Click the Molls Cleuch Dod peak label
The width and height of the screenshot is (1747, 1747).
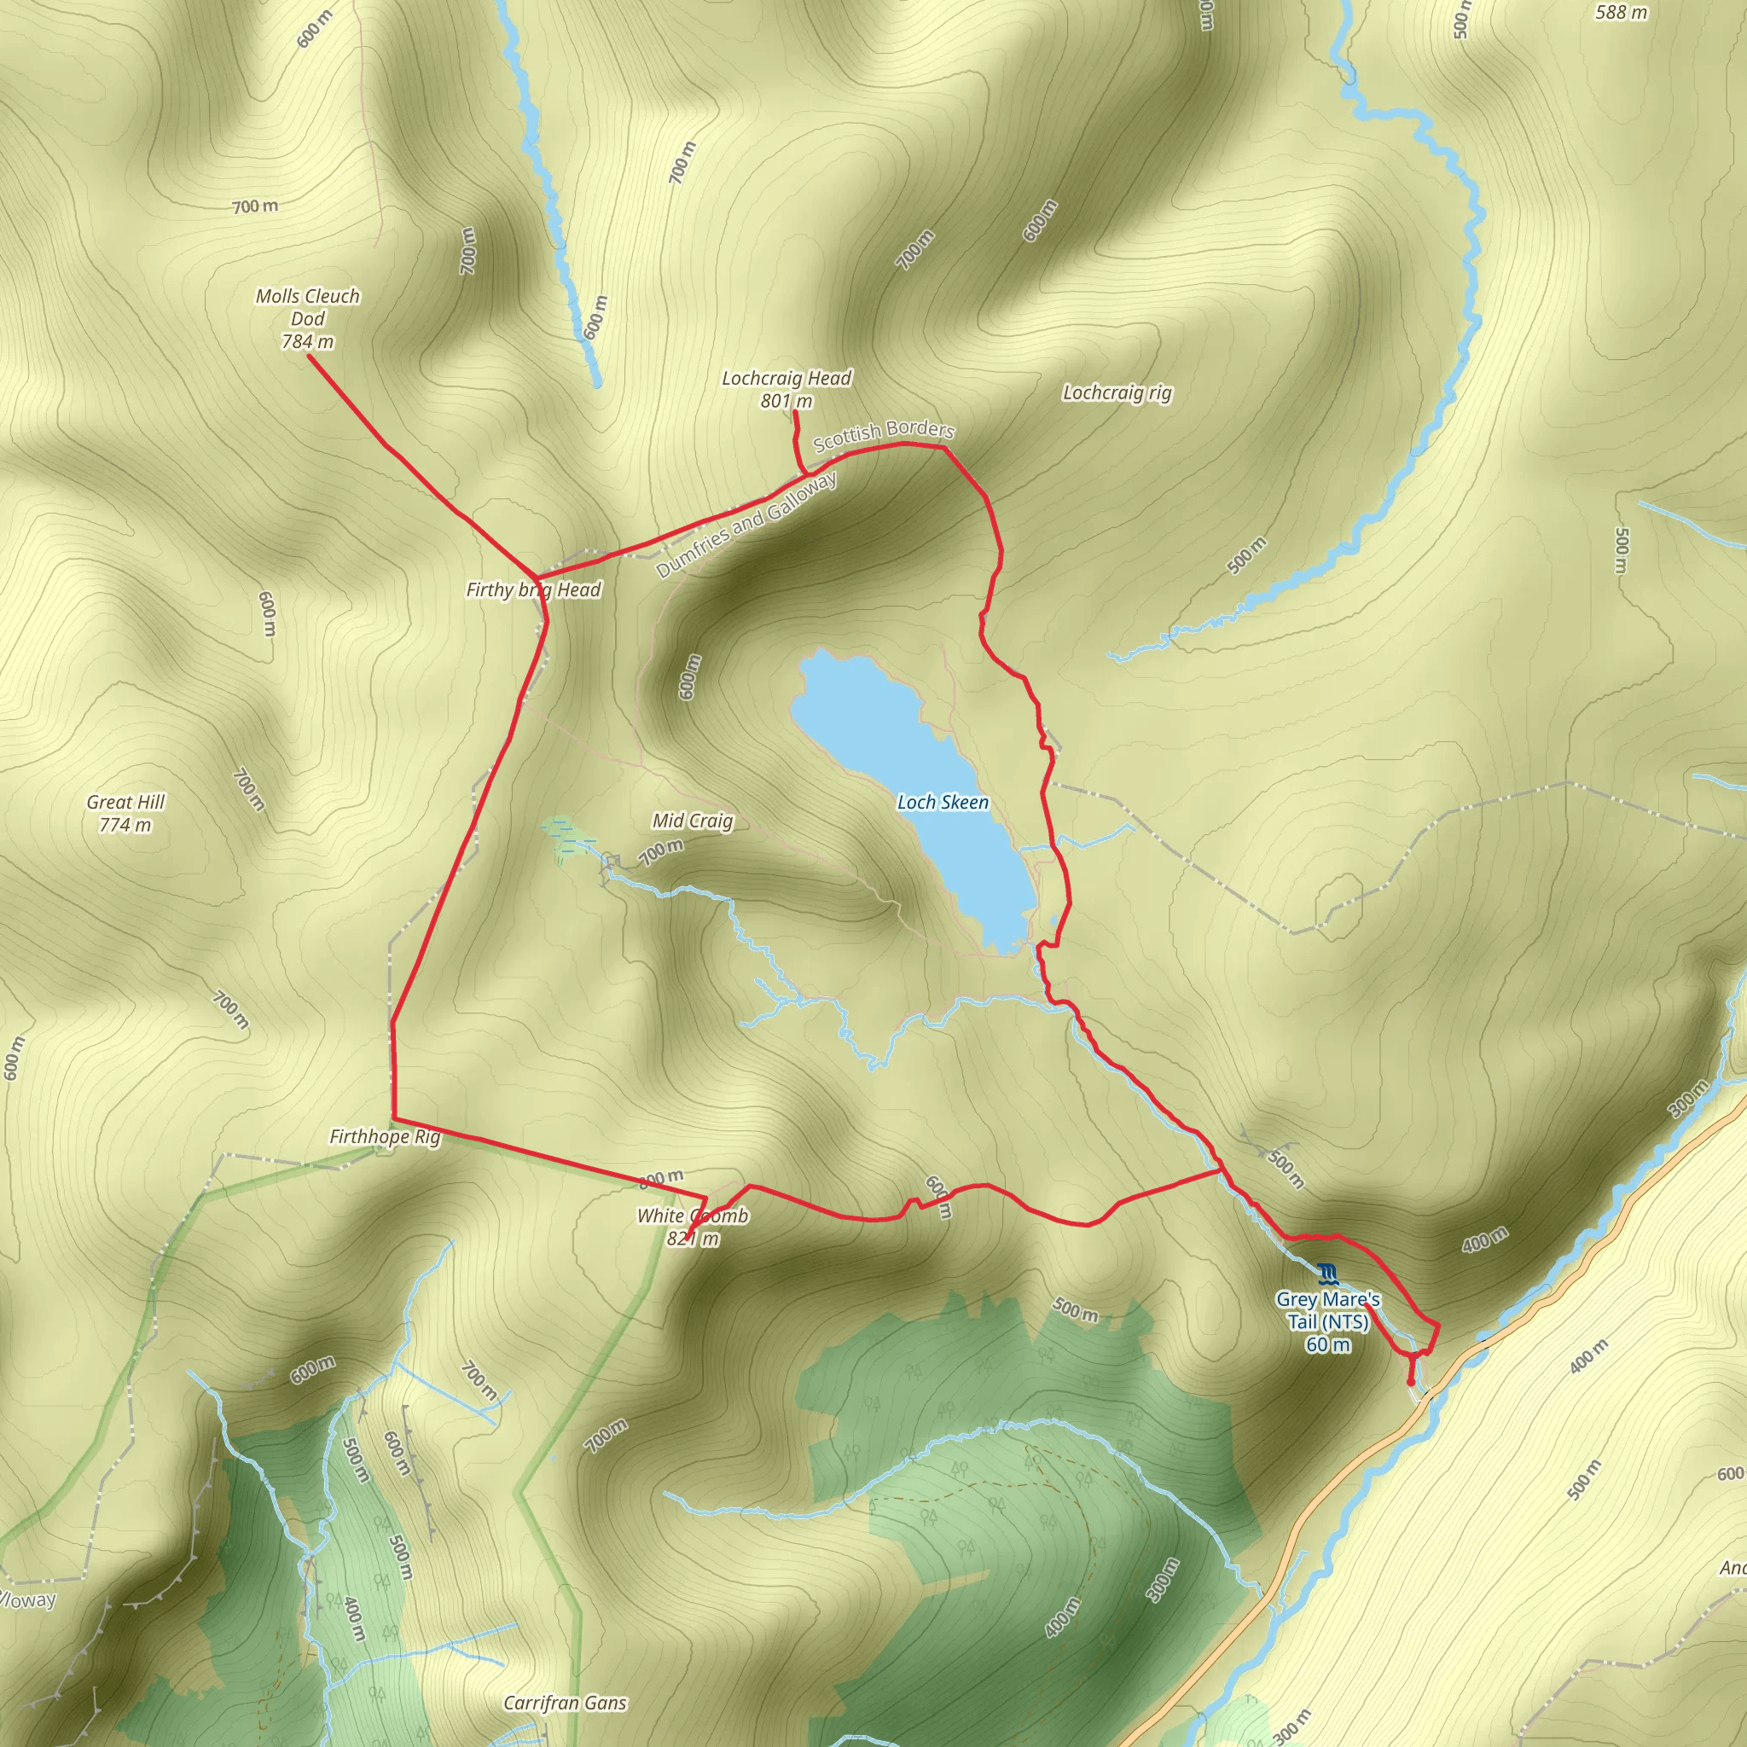tap(307, 307)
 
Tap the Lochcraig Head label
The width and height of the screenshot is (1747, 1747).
tap(786, 378)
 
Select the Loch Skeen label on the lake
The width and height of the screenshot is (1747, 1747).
tap(943, 802)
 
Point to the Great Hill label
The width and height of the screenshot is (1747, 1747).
tap(125, 802)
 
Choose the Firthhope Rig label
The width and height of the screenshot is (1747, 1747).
tap(385, 1136)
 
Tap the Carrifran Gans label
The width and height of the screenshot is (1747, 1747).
tap(566, 1703)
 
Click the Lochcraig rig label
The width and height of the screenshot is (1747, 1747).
tap(1117, 392)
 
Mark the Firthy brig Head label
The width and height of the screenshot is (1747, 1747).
tap(532, 590)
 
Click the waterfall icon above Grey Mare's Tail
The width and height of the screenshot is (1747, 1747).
tap(1326, 1275)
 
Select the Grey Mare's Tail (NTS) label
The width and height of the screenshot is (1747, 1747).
tap(1327, 1310)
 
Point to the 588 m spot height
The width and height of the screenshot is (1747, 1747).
tap(1622, 13)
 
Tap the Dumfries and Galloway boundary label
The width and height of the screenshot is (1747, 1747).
tap(746, 525)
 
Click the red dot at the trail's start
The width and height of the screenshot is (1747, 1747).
tap(1411, 1382)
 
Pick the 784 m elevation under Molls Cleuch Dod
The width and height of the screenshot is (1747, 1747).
tap(307, 342)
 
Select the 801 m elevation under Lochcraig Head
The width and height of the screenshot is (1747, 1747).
tap(786, 401)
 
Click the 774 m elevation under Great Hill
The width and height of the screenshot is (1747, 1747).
tap(125, 825)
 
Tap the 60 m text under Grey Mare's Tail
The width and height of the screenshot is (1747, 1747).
tap(1327, 1344)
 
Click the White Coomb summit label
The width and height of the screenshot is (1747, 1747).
tap(693, 1216)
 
